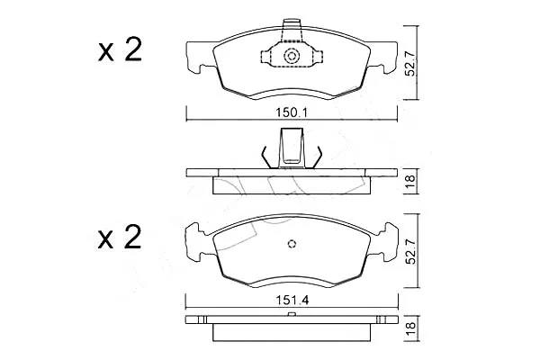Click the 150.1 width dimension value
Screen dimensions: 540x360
coord(292,112)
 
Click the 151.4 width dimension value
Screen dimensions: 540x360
coord(292,300)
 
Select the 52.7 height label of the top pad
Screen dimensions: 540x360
coord(410,63)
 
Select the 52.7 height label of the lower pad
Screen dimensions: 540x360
coord(410,250)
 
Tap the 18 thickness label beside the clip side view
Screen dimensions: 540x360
coord(411,181)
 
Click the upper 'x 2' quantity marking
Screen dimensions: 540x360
coord(120,50)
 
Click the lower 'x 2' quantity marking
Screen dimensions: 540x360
coord(120,237)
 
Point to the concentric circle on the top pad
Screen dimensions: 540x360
coord(292,56)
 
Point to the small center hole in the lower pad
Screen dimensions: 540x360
coord(292,244)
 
